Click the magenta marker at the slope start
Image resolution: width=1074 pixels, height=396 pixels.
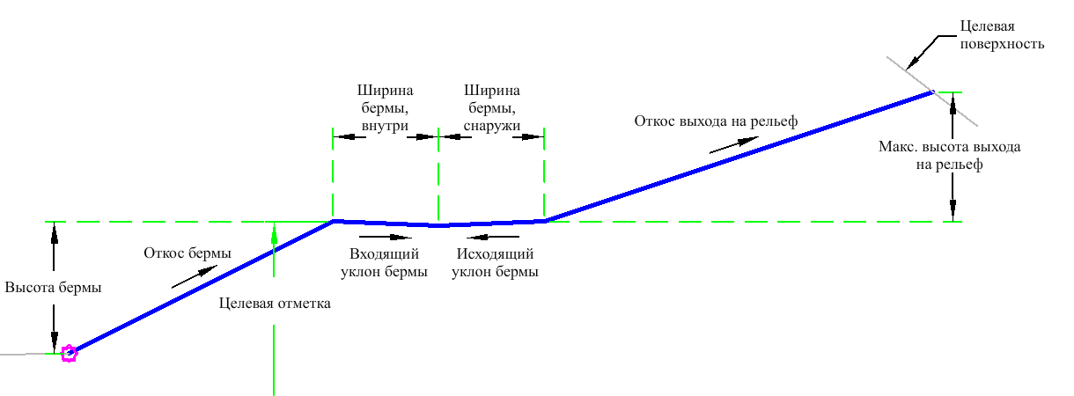click(x=68, y=354)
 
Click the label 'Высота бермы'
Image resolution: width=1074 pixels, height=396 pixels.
click(x=53, y=288)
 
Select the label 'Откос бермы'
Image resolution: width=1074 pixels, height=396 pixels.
click(x=188, y=253)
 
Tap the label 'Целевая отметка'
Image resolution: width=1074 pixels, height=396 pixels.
click(x=274, y=304)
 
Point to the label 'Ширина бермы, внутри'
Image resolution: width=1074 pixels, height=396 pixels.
click(x=385, y=108)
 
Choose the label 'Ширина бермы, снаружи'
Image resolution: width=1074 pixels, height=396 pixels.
click(x=492, y=108)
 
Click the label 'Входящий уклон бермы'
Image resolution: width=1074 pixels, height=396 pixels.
click(x=385, y=263)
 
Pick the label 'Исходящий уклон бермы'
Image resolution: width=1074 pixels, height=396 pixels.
click(x=495, y=263)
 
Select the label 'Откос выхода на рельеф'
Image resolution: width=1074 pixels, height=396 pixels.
click(x=715, y=121)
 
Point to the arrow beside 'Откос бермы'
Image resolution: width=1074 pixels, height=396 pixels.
click(x=191, y=276)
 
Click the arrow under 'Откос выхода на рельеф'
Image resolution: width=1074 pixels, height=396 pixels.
click(x=730, y=144)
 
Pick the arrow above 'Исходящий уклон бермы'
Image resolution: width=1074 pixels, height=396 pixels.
click(x=494, y=237)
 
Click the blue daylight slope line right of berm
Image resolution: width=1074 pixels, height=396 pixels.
click(x=739, y=156)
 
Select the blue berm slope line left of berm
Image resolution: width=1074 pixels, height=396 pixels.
click(x=202, y=287)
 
